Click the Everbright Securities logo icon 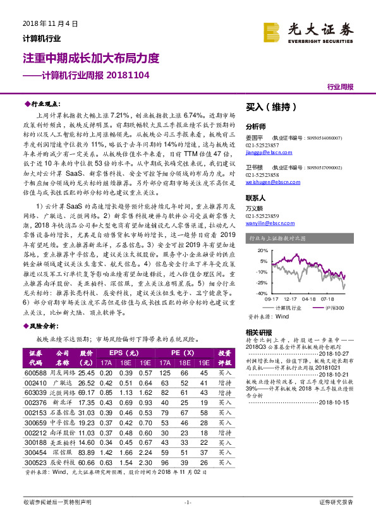point(272,30)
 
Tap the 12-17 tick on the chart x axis point(291,299)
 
